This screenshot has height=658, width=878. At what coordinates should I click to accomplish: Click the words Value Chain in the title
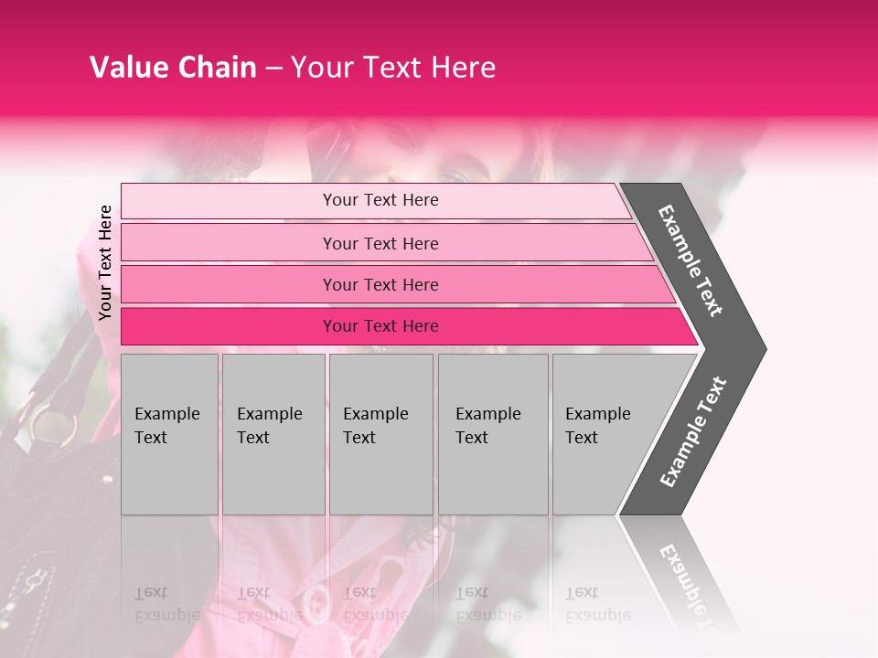[x=173, y=68]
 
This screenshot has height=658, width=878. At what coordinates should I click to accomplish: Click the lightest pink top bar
[x=229, y=201]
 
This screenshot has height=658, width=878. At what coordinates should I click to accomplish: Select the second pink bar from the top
[x=229, y=243]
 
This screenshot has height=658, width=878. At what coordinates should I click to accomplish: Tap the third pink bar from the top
[x=229, y=284]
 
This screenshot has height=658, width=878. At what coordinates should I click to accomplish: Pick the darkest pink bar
[x=229, y=326]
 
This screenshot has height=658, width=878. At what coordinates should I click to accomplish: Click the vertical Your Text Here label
[x=106, y=262]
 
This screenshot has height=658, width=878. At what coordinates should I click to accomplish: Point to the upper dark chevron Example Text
[x=691, y=260]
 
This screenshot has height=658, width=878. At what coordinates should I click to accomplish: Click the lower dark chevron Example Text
[x=693, y=431]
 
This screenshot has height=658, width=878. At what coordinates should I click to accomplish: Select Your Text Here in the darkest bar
[x=380, y=326]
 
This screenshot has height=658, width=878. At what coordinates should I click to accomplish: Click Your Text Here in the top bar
[x=380, y=200]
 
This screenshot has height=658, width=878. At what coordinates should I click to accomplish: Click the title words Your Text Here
[x=393, y=68]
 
